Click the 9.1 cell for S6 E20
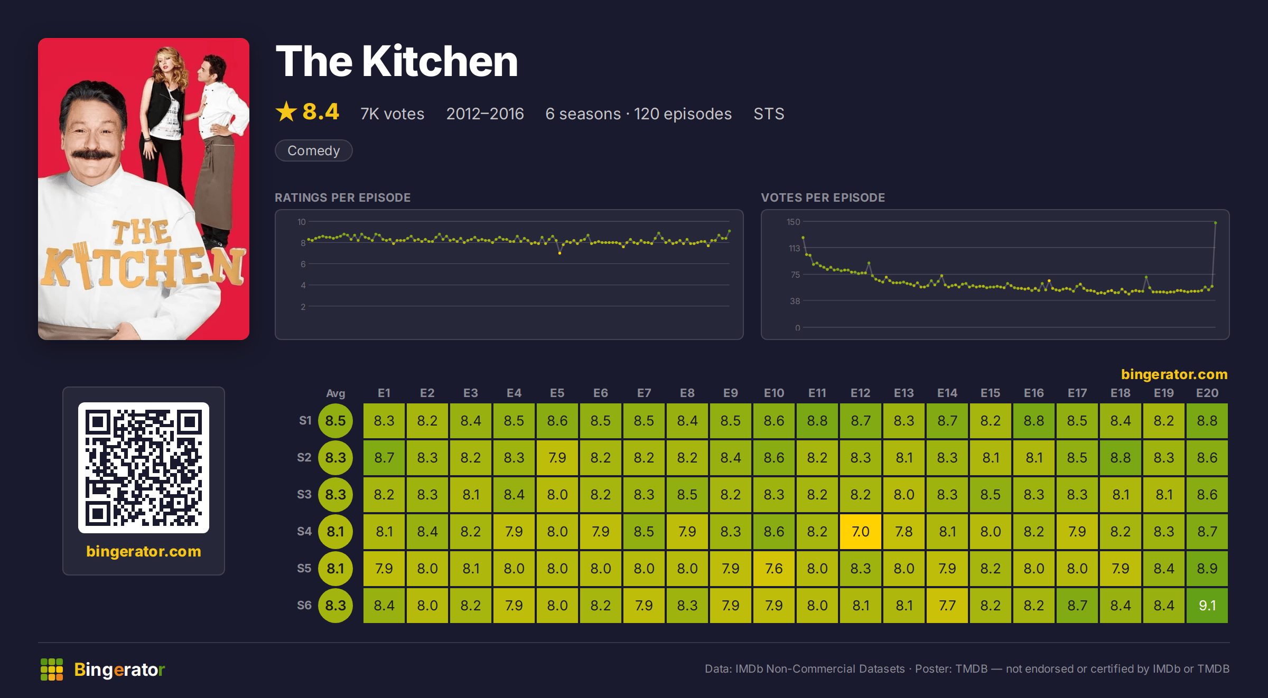click(1207, 605)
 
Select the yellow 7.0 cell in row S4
click(861, 531)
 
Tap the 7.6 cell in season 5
click(774, 568)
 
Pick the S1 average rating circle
click(335, 421)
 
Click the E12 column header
click(861, 393)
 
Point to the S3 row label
click(304, 494)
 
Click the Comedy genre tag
click(314, 150)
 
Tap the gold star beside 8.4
click(286, 111)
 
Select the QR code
click(144, 468)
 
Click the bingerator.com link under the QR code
click(144, 551)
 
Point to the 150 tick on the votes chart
click(793, 222)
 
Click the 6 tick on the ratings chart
click(303, 264)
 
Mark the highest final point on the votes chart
click(1216, 223)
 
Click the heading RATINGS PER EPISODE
click(343, 197)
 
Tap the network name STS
click(769, 114)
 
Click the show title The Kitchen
click(397, 61)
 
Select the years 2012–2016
click(485, 114)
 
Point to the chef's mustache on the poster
click(92, 154)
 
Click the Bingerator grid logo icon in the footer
click(52, 669)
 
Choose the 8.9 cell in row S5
click(1207, 568)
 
